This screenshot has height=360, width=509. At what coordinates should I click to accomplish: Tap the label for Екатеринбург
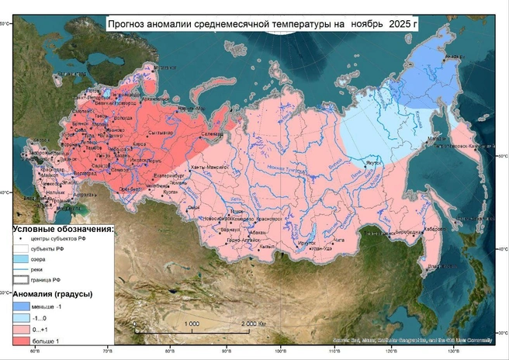coord(169,176)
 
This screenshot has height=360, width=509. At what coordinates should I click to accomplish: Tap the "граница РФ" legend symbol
coord(22,279)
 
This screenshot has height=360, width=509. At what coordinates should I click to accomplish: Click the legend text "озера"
coord(40,259)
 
